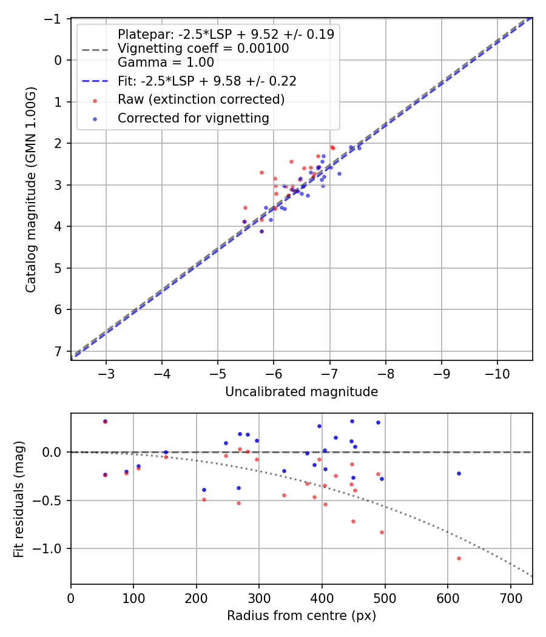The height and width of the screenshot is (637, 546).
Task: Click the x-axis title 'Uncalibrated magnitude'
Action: point(302,392)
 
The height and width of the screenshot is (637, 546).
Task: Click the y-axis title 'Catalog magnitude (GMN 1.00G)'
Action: point(30,190)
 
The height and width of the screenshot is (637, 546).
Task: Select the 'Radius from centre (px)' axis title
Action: point(302,616)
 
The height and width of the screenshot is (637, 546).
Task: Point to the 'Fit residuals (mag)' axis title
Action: point(18,499)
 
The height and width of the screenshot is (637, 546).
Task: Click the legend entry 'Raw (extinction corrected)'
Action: point(201,99)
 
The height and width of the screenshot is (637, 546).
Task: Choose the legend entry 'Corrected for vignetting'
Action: point(193,118)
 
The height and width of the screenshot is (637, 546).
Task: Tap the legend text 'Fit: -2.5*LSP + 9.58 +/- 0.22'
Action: point(206,81)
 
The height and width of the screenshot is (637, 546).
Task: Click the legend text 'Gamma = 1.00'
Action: point(166,62)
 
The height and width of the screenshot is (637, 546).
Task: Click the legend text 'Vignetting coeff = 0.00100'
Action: point(203,48)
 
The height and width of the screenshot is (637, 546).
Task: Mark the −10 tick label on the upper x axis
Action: point(497,372)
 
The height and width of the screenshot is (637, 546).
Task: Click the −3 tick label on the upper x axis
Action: point(106,372)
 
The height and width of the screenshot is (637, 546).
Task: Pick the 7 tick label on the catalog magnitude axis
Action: point(59,351)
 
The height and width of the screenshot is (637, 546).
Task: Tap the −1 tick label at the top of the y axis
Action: point(55,19)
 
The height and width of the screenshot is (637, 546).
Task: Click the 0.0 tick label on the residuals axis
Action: point(53,452)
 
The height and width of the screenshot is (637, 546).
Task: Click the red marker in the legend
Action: point(95,100)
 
